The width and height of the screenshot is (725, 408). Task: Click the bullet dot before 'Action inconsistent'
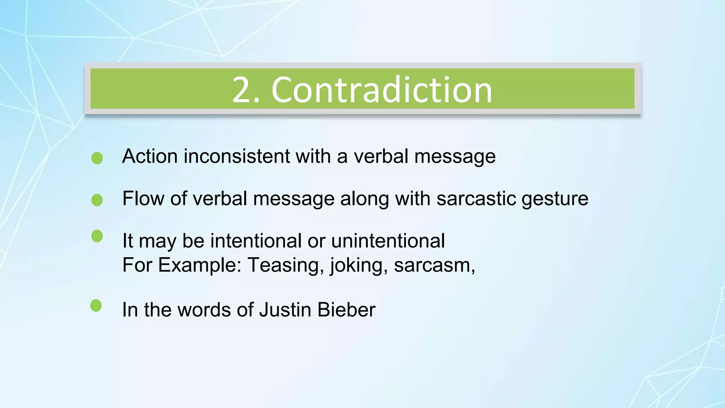(x=97, y=158)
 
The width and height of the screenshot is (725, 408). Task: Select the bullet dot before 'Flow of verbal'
(x=97, y=200)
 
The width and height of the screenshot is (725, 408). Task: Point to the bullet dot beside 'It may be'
(x=97, y=236)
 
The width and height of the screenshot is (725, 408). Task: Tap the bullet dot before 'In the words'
(x=96, y=306)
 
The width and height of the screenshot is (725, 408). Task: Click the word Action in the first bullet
(x=150, y=156)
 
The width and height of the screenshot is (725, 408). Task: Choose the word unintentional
(x=388, y=241)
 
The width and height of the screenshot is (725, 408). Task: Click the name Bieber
(x=346, y=310)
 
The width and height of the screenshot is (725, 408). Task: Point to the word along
(x=364, y=199)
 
